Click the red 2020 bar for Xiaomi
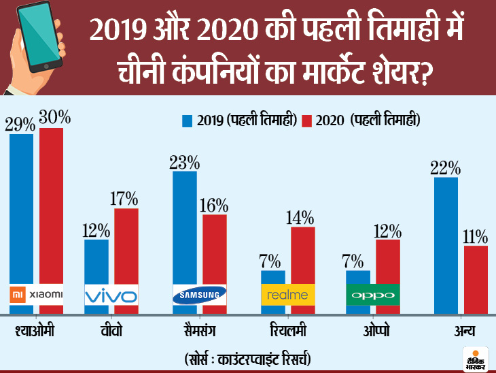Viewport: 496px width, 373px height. click(51, 204)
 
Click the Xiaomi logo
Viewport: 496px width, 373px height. click(36, 294)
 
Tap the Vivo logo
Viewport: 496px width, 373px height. click(111, 296)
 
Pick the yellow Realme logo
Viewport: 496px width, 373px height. click(287, 295)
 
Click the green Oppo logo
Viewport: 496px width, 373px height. click(372, 295)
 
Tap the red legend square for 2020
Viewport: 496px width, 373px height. click(306, 121)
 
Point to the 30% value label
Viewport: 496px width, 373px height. click(54, 118)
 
